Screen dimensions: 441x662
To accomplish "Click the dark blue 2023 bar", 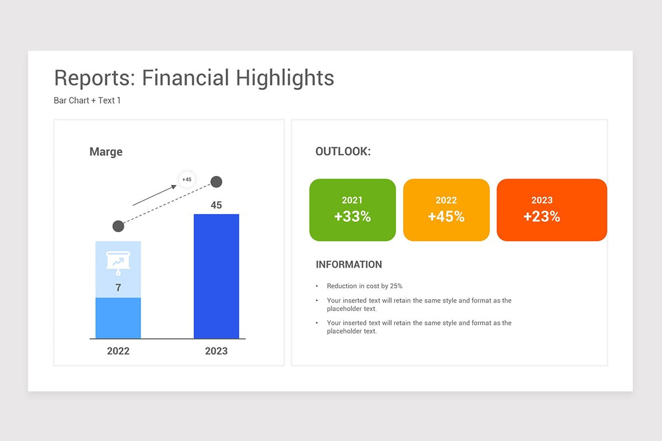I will tap(216, 276).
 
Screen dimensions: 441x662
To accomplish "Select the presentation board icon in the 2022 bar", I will tap(118, 263).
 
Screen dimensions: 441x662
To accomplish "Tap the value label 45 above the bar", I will tap(216, 205).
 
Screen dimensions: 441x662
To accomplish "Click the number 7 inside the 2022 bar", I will tap(118, 288).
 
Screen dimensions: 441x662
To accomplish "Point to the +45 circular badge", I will tap(187, 179).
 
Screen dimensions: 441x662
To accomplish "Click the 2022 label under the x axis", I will tap(118, 351).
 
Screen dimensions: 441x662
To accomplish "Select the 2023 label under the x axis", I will tap(216, 351).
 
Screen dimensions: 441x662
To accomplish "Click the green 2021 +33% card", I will tap(353, 210).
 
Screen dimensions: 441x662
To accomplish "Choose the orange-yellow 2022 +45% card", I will tap(446, 210).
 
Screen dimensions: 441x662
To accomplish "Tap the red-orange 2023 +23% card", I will tap(552, 210).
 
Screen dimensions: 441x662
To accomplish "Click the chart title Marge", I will tap(106, 152).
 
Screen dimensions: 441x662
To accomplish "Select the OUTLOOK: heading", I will tap(343, 152).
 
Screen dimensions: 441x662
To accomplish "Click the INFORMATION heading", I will tap(349, 265).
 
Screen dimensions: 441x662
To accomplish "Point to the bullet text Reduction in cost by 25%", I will tap(365, 286).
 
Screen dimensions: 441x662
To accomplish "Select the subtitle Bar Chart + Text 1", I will tap(87, 101).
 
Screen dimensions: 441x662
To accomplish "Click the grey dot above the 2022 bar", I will tap(118, 226).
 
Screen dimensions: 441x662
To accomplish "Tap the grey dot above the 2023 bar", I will tap(216, 181).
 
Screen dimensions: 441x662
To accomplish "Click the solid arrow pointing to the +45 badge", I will tap(155, 195).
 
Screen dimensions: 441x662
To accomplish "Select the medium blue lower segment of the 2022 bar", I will tap(118, 318).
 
